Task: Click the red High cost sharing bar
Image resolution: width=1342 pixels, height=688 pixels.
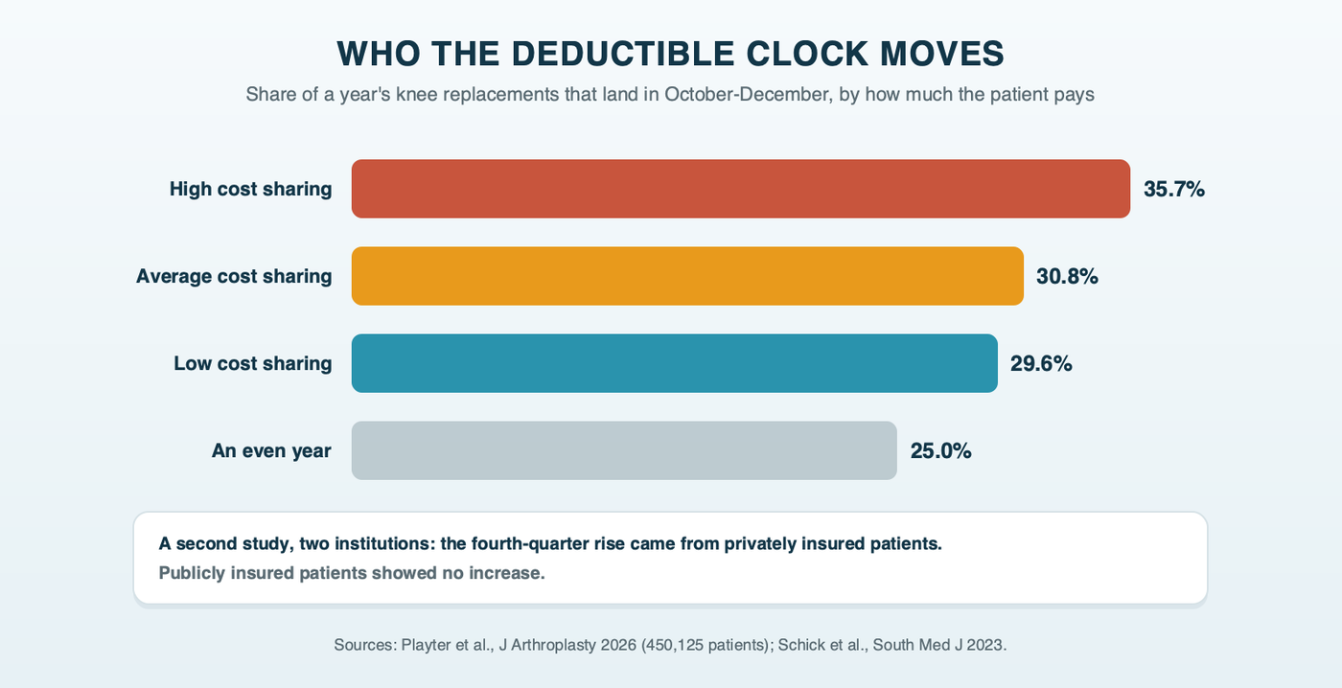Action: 740,189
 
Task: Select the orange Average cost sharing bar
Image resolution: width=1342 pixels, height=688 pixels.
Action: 687,276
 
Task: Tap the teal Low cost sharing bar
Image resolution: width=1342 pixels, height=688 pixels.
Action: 675,363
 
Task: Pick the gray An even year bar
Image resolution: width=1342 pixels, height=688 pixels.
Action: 624,450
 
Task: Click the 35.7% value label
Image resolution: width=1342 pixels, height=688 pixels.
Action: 1173,189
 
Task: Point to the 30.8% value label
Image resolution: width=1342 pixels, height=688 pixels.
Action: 1067,277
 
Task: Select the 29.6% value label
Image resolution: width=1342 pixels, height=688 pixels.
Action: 1041,364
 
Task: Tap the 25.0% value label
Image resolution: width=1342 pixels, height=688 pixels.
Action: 940,451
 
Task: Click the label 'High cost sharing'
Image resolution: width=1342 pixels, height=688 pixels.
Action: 250,189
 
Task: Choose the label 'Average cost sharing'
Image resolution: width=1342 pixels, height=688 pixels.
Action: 234,277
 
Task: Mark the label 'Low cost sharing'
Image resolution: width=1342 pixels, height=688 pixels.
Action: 253,364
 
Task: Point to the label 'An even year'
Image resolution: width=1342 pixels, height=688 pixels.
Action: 271,451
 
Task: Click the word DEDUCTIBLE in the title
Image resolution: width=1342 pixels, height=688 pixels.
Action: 623,54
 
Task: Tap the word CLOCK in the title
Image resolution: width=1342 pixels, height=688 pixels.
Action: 807,54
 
